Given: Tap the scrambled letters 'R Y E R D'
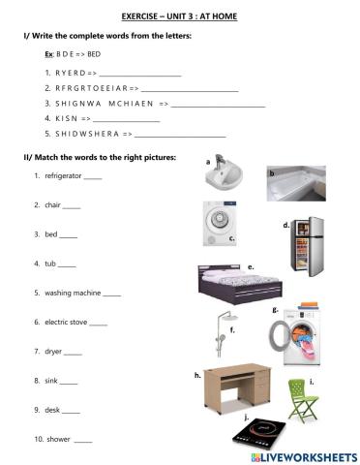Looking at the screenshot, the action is pos(64,73).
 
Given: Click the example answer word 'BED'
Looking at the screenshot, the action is pos(94,54).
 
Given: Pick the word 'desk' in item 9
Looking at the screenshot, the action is pos(52,410).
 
